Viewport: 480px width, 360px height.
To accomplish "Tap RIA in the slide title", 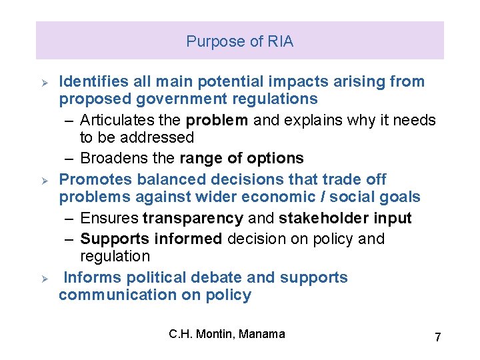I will click(x=279, y=41).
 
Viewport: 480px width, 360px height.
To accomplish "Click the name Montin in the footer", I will click(x=213, y=334).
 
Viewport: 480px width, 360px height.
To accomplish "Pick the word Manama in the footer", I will click(x=261, y=334).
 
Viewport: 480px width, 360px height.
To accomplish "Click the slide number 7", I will click(x=437, y=337).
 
